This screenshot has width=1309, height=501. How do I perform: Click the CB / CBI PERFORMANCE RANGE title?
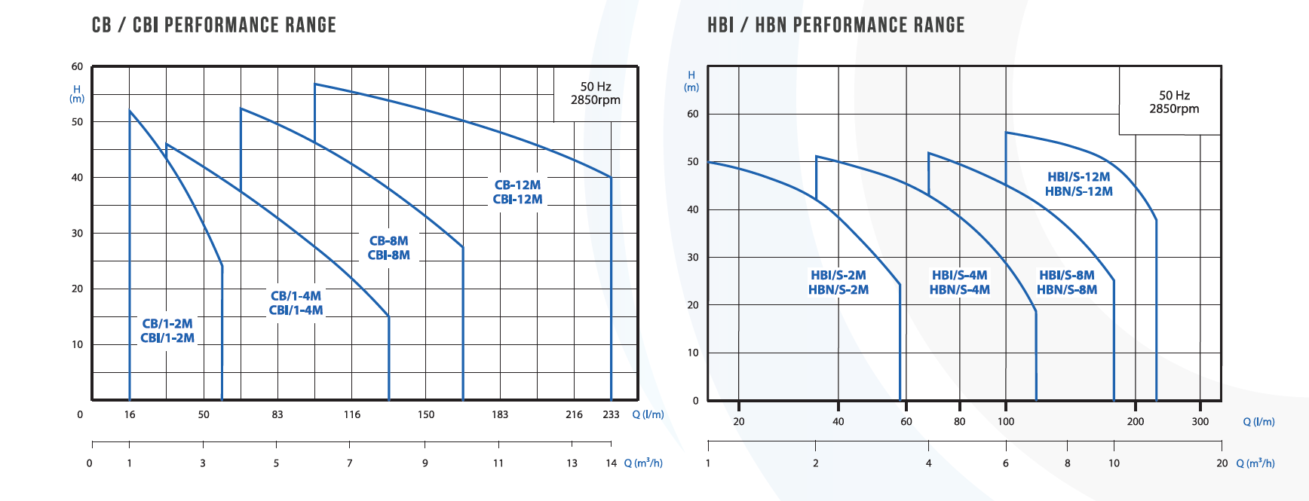(x=214, y=25)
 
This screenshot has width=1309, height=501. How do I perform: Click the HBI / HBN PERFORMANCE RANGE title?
(x=835, y=25)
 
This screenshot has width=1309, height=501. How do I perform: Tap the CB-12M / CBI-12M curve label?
(x=517, y=192)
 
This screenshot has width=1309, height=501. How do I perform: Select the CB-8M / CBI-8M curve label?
(x=389, y=248)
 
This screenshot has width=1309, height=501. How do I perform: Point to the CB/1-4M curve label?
(x=296, y=303)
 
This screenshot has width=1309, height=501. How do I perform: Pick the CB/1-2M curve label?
(x=167, y=331)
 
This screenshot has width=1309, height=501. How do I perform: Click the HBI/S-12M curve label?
(x=1079, y=184)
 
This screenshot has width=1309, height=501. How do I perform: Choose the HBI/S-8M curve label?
(x=1067, y=283)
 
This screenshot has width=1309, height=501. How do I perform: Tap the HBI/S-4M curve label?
(x=960, y=283)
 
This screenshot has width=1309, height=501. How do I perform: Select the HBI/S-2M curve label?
(x=838, y=283)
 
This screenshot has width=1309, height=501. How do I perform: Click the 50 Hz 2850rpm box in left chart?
(x=596, y=93)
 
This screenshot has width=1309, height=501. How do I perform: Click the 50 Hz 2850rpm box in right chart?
(x=1170, y=101)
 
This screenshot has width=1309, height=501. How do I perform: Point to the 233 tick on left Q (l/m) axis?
(x=611, y=414)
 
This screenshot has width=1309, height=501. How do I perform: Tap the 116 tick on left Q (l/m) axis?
(x=352, y=414)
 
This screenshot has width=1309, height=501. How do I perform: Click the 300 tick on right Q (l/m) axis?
(x=1200, y=422)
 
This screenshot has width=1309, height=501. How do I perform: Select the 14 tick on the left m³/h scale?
(x=612, y=463)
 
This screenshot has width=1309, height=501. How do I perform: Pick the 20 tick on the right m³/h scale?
(x=1222, y=463)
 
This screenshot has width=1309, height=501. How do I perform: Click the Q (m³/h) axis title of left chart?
(x=643, y=463)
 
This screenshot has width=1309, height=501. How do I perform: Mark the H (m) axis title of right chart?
(x=691, y=81)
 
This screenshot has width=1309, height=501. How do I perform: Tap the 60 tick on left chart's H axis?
(x=77, y=66)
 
